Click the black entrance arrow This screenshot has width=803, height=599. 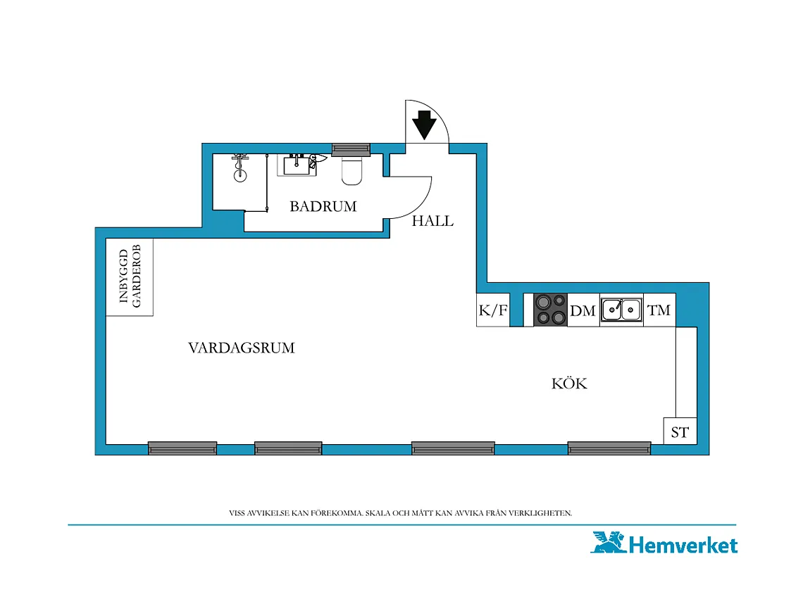(x=424, y=125)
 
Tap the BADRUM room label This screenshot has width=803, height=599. (x=323, y=206)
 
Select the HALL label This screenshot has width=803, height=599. (x=432, y=220)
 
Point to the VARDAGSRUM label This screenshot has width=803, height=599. (x=241, y=348)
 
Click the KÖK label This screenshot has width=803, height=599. (x=569, y=383)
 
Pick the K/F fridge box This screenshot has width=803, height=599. (x=493, y=310)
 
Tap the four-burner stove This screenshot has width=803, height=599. (x=551, y=310)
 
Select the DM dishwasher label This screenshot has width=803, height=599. (x=583, y=311)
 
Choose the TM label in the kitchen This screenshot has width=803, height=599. (x=659, y=310)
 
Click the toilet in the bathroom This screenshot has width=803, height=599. (x=351, y=170)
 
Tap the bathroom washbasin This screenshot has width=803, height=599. (x=297, y=164)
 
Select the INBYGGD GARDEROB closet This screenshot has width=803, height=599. (x=130, y=277)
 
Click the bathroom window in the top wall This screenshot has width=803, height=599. (x=351, y=149)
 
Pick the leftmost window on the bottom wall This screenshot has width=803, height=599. (x=182, y=448)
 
